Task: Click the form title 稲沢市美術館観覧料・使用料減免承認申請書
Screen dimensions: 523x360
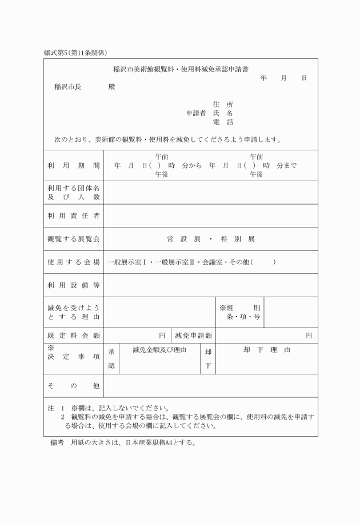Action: (x=181, y=69)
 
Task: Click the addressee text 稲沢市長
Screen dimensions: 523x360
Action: (x=67, y=87)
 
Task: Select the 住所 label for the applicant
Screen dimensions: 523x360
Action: (x=222, y=105)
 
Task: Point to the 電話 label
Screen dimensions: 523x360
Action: (x=222, y=122)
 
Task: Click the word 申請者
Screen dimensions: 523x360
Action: (x=196, y=113)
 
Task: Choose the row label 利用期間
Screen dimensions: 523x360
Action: (x=74, y=165)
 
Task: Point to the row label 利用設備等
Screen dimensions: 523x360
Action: (x=74, y=285)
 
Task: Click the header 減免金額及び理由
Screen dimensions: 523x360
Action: (x=159, y=350)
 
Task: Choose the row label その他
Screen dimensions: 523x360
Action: (x=74, y=386)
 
